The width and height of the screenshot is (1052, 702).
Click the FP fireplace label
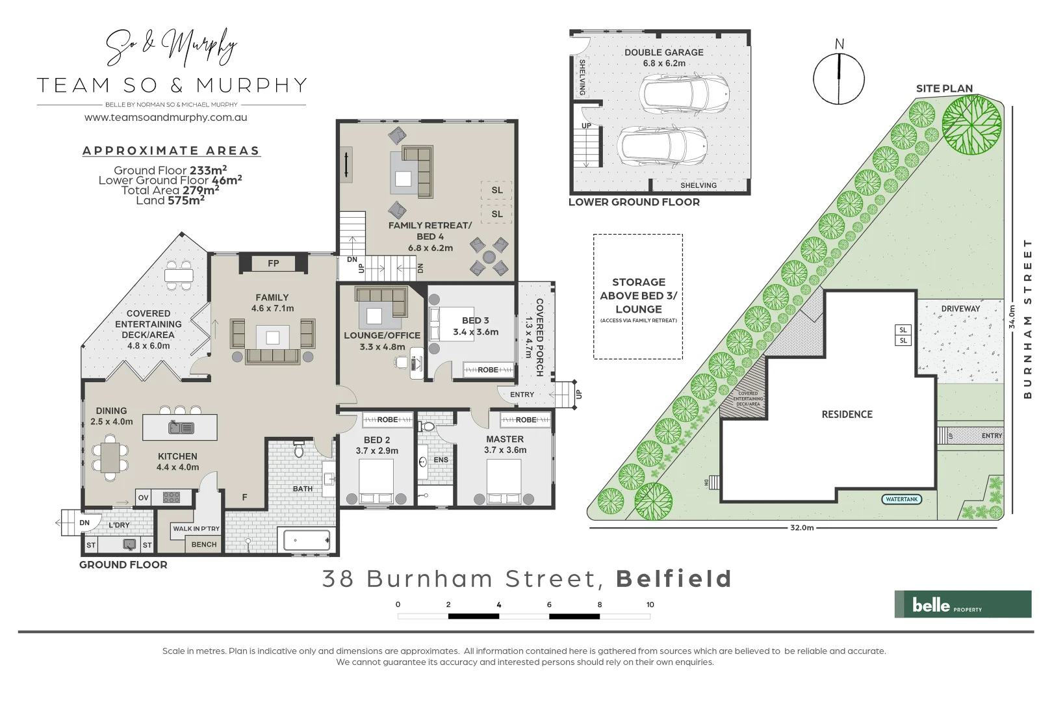point(273,263)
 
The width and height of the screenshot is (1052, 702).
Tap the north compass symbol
point(839,79)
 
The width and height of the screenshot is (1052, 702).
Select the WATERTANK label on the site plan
point(902,499)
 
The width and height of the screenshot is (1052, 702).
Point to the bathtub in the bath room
point(307,540)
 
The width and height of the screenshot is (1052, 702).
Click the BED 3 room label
point(475,320)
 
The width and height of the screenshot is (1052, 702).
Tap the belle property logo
point(962,604)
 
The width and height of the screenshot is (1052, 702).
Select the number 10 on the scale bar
point(650,604)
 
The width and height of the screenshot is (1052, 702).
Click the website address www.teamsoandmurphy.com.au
point(166,118)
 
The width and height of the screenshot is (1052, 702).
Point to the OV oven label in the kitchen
point(143,498)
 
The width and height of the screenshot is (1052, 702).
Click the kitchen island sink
point(180,428)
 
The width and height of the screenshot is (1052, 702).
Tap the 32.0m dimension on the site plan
point(802,528)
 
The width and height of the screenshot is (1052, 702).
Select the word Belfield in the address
point(674,578)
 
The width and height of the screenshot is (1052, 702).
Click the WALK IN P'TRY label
point(196,528)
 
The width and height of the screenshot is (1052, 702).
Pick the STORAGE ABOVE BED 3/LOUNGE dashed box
point(638,296)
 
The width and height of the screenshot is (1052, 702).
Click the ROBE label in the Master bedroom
point(526,420)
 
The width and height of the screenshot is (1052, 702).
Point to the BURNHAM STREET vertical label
point(1027,318)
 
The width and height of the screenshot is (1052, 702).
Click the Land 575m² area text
point(170,200)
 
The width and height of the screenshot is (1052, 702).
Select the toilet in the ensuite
point(427,426)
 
